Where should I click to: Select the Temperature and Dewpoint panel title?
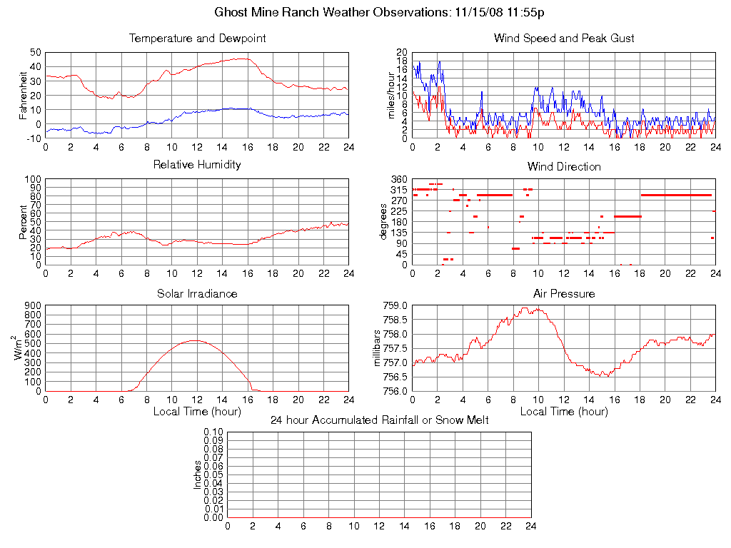pyautogui.click(x=197, y=38)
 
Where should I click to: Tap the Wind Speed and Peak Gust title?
pyautogui.click(x=564, y=38)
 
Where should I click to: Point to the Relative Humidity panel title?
pyautogui.click(x=197, y=165)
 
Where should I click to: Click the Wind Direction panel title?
pyautogui.click(x=564, y=166)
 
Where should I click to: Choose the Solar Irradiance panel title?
pyautogui.click(x=197, y=293)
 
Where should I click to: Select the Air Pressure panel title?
pyautogui.click(x=564, y=293)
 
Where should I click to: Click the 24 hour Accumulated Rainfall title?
pyautogui.click(x=380, y=420)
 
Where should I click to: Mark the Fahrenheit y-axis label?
pyautogui.click(x=23, y=95)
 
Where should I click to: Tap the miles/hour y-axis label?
pyautogui.click(x=390, y=95)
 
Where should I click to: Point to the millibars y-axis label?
pyautogui.click(x=379, y=348)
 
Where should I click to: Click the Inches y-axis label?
pyautogui.click(x=198, y=475)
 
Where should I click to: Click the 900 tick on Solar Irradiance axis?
pyautogui.click(x=32, y=305)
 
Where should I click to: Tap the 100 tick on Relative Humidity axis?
pyautogui.click(x=32, y=179)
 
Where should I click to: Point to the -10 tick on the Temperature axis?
pyautogui.click(x=32, y=138)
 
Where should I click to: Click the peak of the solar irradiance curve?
pyautogui.click(x=196, y=340)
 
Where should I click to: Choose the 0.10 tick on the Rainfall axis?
pyautogui.click(x=213, y=432)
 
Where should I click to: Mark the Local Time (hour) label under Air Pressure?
pyautogui.click(x=564, y=411)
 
